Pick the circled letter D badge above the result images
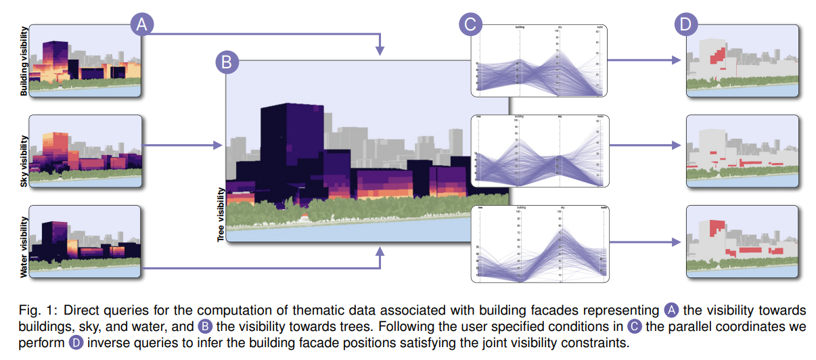coord(687,25)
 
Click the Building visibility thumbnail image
coord(85,62)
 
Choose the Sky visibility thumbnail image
coord(85,150)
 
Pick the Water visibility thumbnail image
coord(85,241)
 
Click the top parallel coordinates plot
coord(539,62)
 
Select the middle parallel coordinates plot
coord(539,151)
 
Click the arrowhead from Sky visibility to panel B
coord(218,145)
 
